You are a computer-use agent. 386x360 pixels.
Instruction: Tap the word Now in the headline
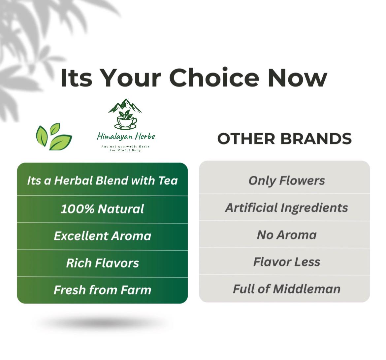[297, 78]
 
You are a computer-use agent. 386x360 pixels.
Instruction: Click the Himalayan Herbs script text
[126, 136]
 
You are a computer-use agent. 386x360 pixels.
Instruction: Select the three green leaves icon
[54, 136]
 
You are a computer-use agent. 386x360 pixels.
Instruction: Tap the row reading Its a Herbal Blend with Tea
[102, 180]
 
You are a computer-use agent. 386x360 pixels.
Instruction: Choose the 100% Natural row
[102, 209]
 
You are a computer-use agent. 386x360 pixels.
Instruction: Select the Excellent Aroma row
[102, 236]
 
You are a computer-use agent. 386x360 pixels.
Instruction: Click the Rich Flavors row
[102, 263]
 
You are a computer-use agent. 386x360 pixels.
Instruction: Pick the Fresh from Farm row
[102, 290]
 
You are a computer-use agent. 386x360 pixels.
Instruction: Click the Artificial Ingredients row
[285, 207]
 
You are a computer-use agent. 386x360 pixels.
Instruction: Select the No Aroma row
[285, 234]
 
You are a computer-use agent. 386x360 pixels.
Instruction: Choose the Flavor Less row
[285, 262]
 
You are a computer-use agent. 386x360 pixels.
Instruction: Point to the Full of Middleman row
[285, 289]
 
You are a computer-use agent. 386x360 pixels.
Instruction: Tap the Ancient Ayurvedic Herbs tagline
[126, 148]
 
